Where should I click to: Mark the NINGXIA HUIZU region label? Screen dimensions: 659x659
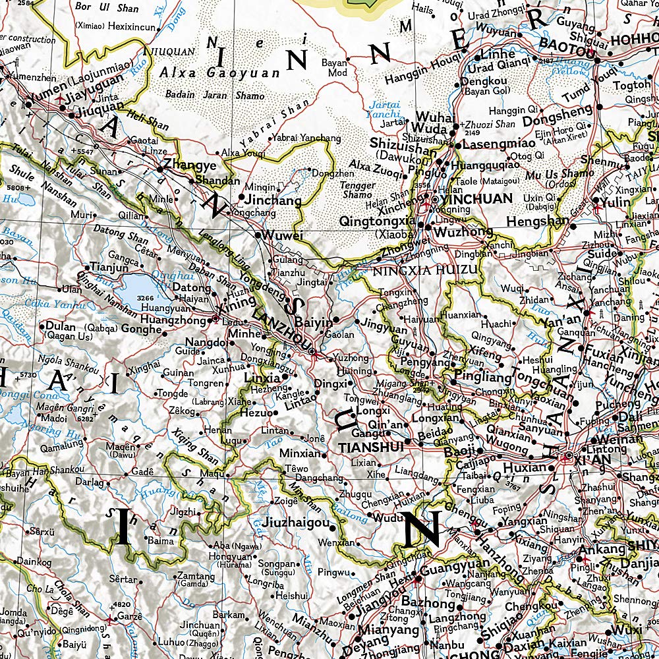tap(424, 270)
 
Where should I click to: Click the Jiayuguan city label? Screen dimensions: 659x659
tap(97, 98)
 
